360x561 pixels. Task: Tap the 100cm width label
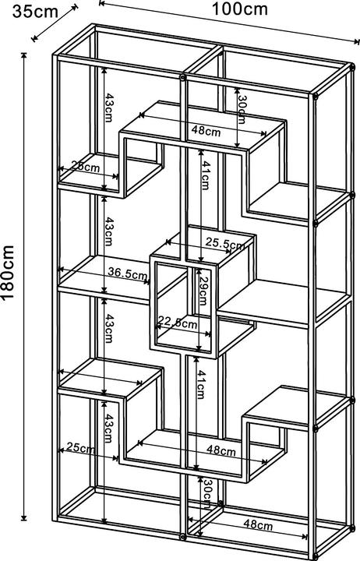pos(240,9)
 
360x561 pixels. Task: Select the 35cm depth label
pos(35,12)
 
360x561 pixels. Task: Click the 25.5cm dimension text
pos(225,244)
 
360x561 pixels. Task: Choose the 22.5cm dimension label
pos(178,323)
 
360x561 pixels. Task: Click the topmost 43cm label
pos(109,108)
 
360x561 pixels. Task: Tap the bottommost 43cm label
pos(109,429)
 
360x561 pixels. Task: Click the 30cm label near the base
pos(206,494)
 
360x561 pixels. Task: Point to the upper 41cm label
pos(205,175)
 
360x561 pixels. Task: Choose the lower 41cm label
pos(201,384)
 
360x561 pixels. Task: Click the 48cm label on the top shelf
pos(206,130)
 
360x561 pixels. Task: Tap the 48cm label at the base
pos(258,525)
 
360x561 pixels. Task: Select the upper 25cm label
pos(86,167)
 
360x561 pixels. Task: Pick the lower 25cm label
pos(80,447)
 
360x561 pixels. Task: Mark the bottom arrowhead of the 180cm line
pos(24,517)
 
